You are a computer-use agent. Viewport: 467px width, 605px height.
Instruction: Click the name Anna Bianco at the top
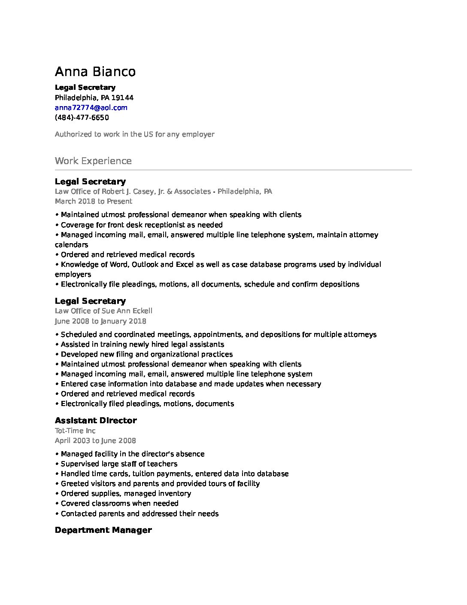[95, 71]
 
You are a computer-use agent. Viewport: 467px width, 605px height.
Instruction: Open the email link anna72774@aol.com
[91, 107]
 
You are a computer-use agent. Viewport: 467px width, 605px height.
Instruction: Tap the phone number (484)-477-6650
[82, 117]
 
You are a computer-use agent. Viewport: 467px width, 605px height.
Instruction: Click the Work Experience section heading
[93, 161]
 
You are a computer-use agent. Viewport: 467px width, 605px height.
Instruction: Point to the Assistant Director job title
[96, 420]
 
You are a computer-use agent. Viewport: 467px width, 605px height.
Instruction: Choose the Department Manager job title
[103, 530]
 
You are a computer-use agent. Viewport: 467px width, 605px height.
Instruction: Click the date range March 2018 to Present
[93, 201]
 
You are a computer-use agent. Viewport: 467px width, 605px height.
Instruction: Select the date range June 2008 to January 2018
[100, 321]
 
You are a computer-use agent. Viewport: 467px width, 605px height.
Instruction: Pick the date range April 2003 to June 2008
[95, 440]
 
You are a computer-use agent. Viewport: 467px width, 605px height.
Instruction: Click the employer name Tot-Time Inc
[75, 431]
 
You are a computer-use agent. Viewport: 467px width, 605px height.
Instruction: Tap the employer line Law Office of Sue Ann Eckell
[103, 311]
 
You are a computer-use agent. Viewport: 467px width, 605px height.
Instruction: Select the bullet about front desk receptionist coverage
[142, 225]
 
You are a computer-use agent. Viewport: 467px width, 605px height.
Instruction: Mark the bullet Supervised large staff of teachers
[119, 464]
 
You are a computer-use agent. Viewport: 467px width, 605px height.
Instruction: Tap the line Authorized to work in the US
[134, 134]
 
